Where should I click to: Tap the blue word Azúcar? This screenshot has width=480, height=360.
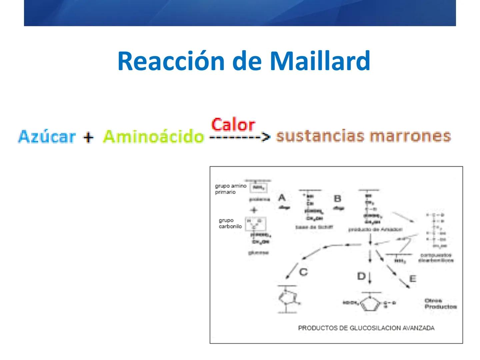pyautogui.click(x=47, y=137)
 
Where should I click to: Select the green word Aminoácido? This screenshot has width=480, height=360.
pyautogui.click(x=153, y=137)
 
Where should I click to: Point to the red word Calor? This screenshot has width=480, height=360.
pyautogui.click(x=233, y=125)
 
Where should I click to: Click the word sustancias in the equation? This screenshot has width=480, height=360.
pyautogui.click(x=320, y=136)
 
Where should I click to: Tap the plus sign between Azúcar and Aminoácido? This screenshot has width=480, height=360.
pyautogui.click(x=88, y=137)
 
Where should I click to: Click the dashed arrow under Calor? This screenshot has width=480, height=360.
pyautogui.click(x=240, y=137)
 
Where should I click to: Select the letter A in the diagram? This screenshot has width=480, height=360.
pyautogui.click(x=282, y=198)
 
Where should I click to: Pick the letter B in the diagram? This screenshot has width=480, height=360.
pyautogui.click(x=337, y=199)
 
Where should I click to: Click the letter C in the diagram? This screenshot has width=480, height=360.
pyautogui.click(x=303, y=272)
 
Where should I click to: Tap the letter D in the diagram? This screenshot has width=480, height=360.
pyautogui.click(x=361, y=276)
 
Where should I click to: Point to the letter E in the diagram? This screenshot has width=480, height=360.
pyautogui.click(x=413, y=278)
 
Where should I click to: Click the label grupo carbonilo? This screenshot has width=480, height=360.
pyautogui.click(x=230, y=223)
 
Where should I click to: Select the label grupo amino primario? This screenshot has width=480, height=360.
pyautogui.click(x=230, y=189)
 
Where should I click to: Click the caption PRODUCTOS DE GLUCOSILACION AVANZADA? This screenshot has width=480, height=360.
pyautogui.click(x=366, y=328)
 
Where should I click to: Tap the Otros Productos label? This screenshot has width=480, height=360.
pyautogui.click(x=440, y=304)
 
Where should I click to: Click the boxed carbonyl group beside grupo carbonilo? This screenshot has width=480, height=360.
pyautogui.click(x=255, y=224)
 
